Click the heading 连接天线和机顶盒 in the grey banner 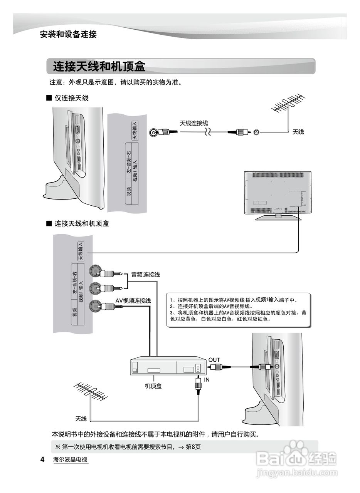(99, 66)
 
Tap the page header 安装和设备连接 (68, 34)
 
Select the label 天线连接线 (194, 123)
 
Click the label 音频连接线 (145, 275)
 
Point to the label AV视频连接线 (133, 300)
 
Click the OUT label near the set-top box (214, 360)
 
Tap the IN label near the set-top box (207, 379)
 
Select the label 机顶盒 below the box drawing (153, 386)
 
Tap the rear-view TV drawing (278, 195)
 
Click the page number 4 (42, 459)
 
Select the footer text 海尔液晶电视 (71, 459)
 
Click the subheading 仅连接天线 (71, 98)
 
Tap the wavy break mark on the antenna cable (207, 132)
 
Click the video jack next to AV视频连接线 (95, 306)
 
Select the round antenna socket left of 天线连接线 (155, 132)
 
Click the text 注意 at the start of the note (56, 83)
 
